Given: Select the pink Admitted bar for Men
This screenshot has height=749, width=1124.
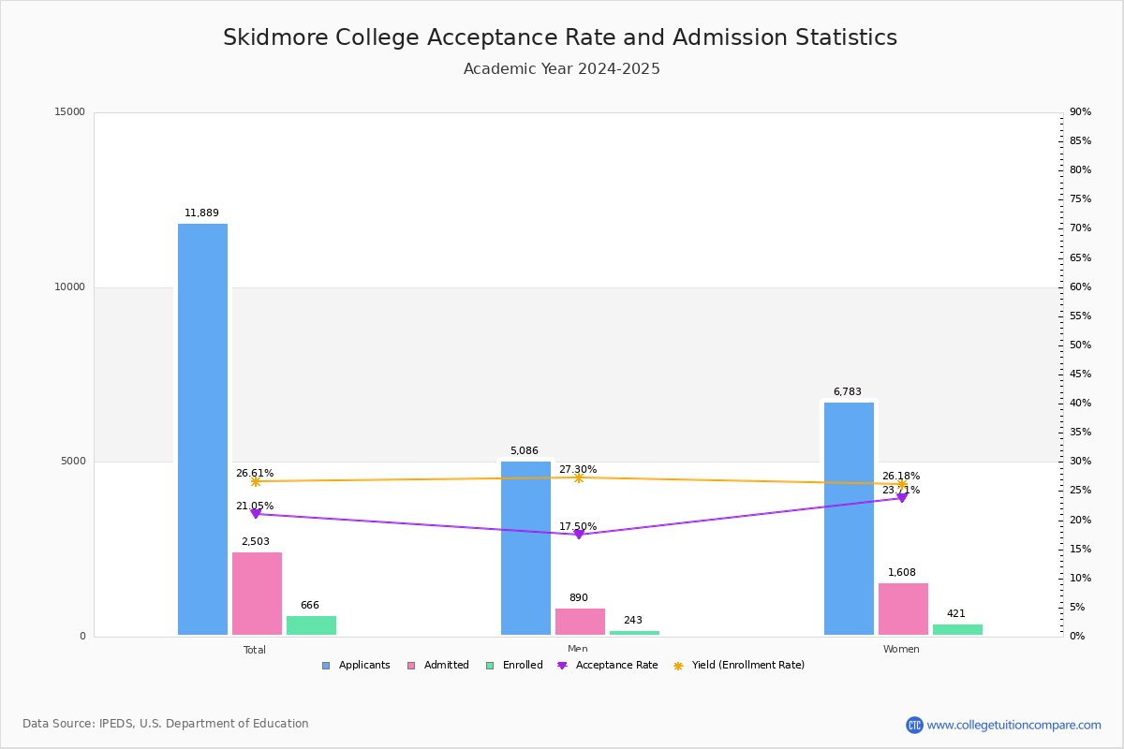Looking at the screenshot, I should [580, 622].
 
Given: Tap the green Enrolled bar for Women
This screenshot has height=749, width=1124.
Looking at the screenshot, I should [957, 629].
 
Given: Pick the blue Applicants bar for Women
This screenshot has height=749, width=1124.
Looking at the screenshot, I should [849, 519].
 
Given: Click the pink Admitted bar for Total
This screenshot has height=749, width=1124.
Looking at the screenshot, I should [257, 594].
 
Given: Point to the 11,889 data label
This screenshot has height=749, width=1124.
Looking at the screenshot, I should [201, 213].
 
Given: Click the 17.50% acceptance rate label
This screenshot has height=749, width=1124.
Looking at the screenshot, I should [578, 527].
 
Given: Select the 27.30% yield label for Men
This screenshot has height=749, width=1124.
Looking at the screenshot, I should [578, 470].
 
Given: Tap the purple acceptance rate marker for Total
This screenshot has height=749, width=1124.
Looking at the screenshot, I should [256, 514].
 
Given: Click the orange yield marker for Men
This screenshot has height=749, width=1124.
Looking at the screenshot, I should [579, 477].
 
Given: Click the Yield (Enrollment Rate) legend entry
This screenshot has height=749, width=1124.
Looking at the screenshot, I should [747, 666].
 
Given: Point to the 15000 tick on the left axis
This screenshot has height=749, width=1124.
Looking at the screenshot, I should [70, 112].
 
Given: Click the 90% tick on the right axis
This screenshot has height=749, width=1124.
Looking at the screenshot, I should [1080, 112].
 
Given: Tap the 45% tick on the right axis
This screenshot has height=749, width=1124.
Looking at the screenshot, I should [1080, 374].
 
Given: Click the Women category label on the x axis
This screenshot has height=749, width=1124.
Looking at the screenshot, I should [901, 650].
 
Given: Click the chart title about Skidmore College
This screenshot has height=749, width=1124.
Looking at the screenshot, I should [560, 37].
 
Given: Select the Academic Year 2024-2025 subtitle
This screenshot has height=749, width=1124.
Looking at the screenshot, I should [562, 69].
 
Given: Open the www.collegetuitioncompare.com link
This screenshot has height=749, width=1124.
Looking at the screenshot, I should [1013, 725].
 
